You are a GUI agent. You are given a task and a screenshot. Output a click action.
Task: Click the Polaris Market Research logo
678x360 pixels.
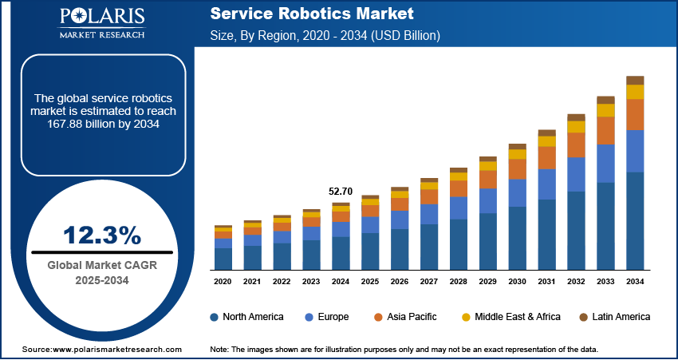point(101,23)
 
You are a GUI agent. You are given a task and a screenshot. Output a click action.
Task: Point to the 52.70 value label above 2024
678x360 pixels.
point(341,192)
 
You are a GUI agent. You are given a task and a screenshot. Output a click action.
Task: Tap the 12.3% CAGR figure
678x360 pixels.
point(102,235)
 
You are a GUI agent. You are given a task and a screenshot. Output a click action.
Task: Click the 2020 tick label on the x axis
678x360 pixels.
point(223,282)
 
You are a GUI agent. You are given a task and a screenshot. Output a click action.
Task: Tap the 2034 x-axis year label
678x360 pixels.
point(635,282)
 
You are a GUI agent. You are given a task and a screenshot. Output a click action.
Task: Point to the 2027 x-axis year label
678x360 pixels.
point(429,282)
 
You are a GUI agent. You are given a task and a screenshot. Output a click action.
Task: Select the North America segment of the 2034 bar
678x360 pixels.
point(635,221)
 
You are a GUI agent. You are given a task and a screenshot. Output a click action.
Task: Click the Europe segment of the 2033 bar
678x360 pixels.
point(605,164)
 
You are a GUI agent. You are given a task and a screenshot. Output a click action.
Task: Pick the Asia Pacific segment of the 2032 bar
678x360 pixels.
point(576,144)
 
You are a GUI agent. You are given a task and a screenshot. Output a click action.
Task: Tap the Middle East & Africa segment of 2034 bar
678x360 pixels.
point(635,92)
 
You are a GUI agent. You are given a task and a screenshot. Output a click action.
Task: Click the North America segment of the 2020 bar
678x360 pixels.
point(223,259)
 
